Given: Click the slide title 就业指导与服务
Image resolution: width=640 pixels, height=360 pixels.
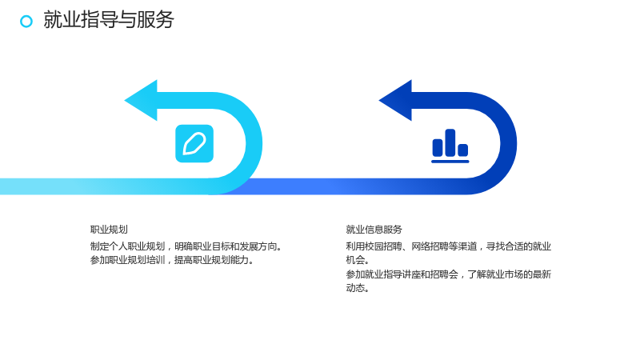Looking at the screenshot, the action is pos(109,19).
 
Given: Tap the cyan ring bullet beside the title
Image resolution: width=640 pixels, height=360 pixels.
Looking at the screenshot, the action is pos(26,22).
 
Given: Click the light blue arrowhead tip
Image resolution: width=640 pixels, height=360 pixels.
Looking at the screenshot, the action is pos(125,101).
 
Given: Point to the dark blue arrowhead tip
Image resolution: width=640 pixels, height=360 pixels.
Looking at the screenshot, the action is pos(379,101).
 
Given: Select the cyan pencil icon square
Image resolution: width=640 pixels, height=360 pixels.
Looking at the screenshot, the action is pos(194,143).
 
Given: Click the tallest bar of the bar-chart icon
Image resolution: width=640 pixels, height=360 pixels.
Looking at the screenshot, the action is pos(450,142).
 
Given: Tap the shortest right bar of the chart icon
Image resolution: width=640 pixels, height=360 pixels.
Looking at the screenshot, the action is pos(463,150).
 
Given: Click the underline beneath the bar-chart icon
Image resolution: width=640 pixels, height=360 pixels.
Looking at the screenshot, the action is pos(450,162).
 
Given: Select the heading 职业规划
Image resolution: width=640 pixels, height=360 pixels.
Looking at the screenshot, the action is pos(109,230).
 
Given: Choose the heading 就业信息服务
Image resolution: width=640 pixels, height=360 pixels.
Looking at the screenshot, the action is pos(374,230).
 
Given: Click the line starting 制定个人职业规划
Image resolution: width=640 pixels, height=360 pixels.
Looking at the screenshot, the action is pos(186,246).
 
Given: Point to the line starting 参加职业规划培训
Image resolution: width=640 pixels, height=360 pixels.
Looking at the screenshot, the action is pos(172,260).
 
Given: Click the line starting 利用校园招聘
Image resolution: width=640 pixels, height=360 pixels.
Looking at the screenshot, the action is pos(449,246).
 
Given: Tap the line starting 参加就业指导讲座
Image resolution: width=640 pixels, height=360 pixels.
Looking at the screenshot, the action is pos(449,274).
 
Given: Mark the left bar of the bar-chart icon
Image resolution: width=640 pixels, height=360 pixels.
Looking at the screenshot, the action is pos(438,147).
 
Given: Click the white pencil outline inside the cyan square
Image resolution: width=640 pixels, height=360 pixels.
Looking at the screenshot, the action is pos(194,144).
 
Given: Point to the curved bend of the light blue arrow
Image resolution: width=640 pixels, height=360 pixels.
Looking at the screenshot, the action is pos(254,143).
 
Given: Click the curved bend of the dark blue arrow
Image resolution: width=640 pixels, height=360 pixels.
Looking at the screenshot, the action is pos(509,143).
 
